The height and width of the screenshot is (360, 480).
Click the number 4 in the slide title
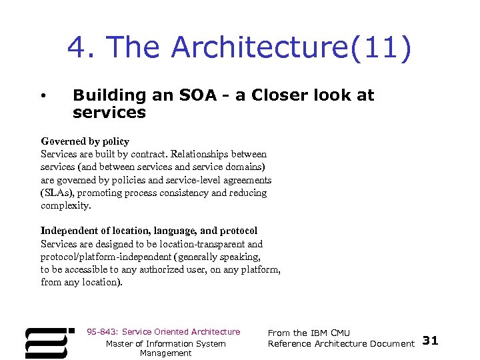tap(77, 47)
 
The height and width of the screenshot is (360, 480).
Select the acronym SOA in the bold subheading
tap(197, 95)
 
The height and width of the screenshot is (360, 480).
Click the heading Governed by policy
tap(85, 141)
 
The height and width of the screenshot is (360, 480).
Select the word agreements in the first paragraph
tap(247, 180)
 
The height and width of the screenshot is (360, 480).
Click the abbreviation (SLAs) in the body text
tap(57, 193)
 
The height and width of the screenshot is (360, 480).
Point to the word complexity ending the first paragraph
tap(65, 205)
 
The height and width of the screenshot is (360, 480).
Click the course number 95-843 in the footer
tap(101, 332)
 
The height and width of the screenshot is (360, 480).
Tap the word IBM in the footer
tap(319, 333)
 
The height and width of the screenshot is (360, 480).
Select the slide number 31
tap(431, 341)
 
